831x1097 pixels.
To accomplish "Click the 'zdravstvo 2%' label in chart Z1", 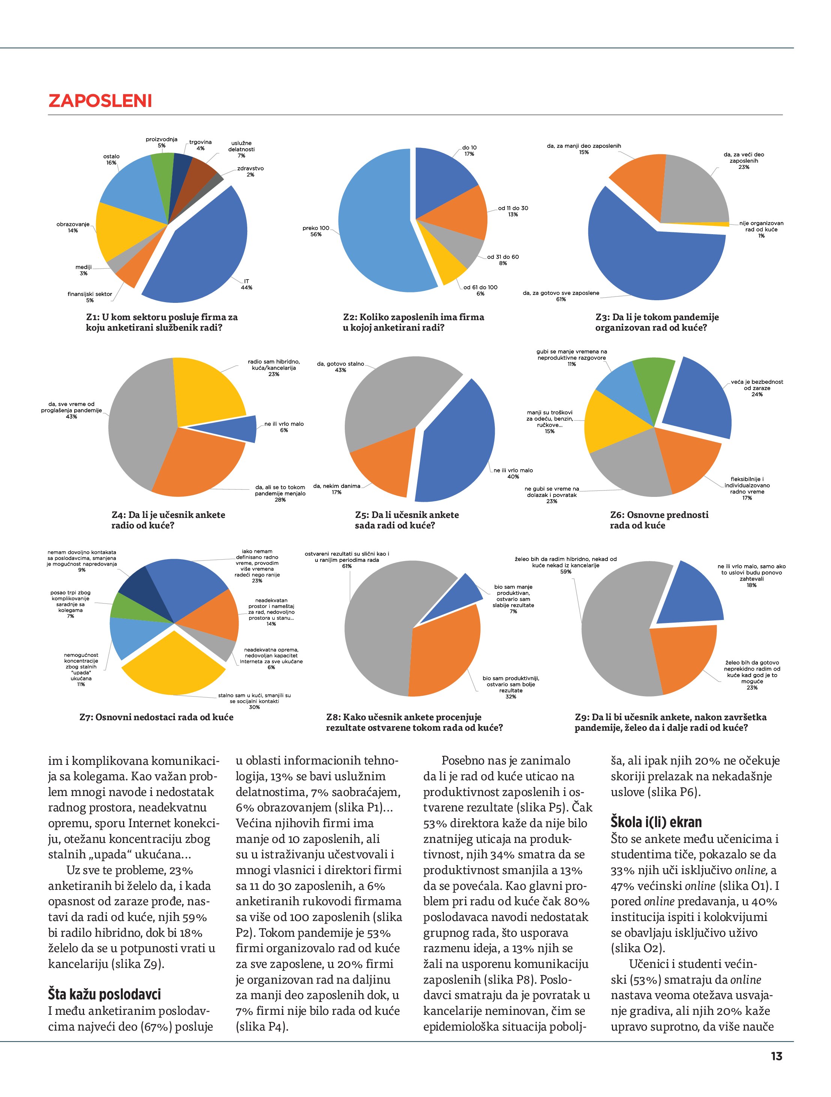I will click(250, 172).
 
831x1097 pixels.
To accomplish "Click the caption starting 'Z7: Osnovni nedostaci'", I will click(156, 717).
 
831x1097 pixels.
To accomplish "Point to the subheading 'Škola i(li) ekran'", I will click(656, 822).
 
